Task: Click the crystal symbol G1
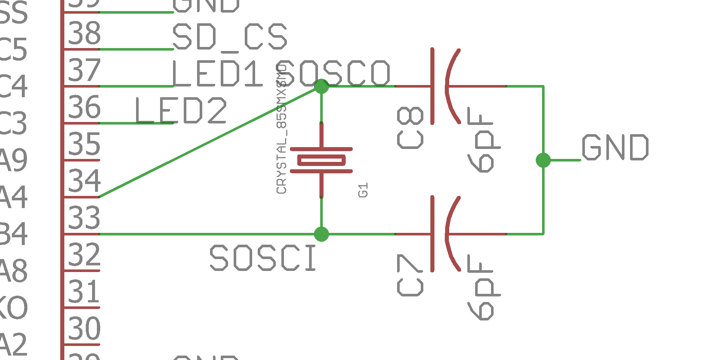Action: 321,160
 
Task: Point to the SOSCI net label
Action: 263,258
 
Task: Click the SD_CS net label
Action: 230,37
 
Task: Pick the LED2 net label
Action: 181,111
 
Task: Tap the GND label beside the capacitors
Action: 615,147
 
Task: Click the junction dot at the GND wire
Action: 543,160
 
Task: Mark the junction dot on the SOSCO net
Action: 321,86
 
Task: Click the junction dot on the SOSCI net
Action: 321,234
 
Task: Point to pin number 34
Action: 84,181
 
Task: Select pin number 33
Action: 84,218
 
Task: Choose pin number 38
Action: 84,33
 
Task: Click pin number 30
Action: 84,328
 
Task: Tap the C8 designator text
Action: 410,128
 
